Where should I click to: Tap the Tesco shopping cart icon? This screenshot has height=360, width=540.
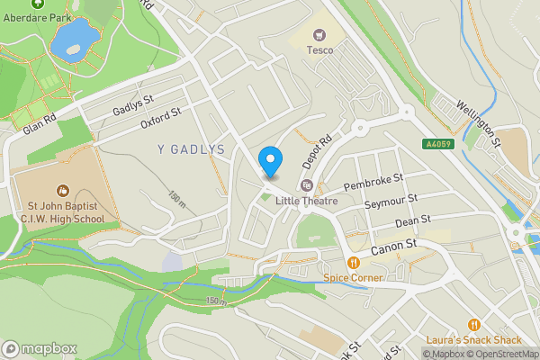(318, 35)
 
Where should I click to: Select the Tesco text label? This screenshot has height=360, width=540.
(319, 50)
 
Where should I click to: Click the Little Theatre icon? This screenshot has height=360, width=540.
(306, 185)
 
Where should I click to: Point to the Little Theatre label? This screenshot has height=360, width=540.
(306, 201)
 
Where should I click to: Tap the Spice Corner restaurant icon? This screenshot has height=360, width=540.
(353, 263)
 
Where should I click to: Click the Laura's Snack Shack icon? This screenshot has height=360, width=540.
(472, 324)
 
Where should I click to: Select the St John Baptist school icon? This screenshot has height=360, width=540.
(62, 190)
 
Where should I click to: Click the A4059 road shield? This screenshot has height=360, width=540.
(437, 143)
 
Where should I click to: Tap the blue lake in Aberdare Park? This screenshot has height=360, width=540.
(74, 39)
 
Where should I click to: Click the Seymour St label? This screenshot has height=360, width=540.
(391, 202)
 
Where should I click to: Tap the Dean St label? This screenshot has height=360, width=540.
(414, 220)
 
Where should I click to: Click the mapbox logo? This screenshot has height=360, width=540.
(39, 348)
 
